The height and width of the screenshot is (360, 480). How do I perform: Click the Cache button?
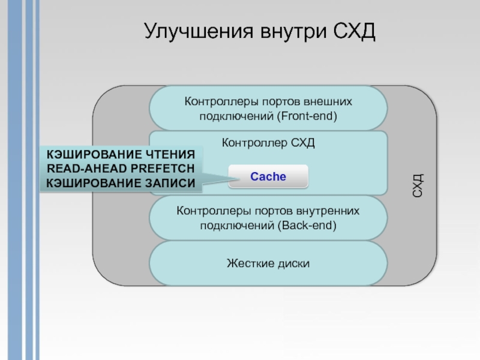click(x=268, y=177)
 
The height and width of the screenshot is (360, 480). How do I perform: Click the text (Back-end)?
click(x=306, y=226)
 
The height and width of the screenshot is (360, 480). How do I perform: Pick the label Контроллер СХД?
click(x=268, y=143)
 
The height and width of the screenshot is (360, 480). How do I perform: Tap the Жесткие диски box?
click(x=268, y=263)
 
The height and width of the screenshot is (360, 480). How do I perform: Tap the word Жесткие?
click(x=247, y=263)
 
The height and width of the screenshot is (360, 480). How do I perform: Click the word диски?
click(x=290, y=263)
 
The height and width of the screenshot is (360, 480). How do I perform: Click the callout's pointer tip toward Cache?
click(x=230, y=176)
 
